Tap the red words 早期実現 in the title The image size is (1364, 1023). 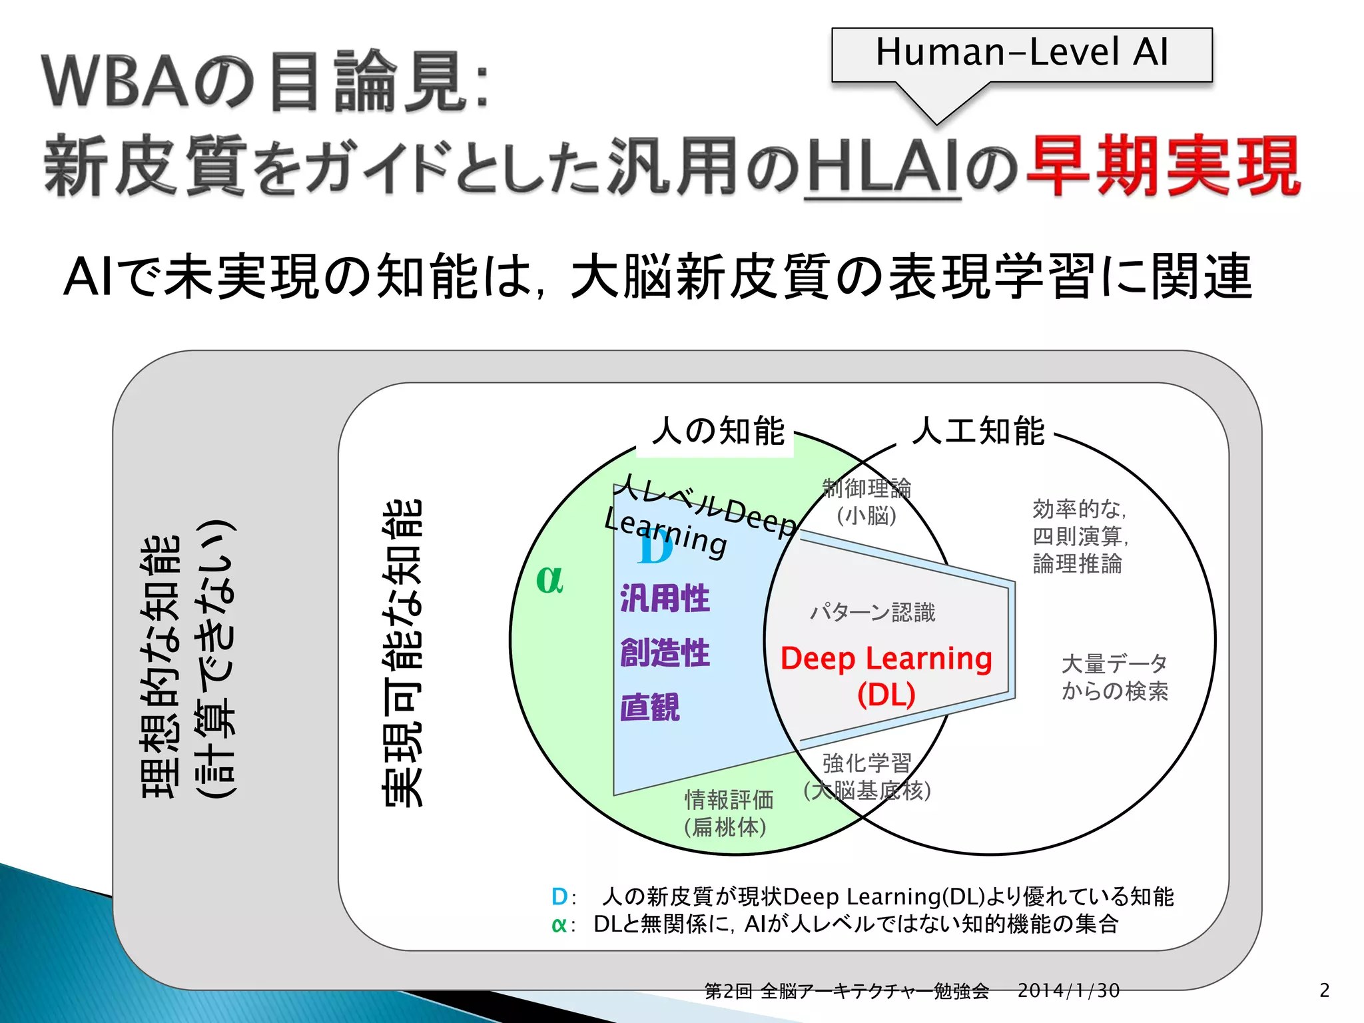point(1162,165)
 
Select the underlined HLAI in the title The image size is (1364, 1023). point(882,167)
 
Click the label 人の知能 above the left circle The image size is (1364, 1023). point(718,431)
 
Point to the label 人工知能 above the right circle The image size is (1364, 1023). point(978,431)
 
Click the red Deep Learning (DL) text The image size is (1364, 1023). point(886,675)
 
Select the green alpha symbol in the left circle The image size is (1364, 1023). point(549,579)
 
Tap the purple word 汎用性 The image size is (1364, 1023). point(665,597)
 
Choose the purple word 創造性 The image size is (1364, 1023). point(665,652)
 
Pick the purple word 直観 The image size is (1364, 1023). point(650,707)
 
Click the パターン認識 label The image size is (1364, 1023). point(872,612)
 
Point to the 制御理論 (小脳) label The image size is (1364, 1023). point(866,502)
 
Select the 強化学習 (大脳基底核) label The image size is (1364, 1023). point(866,777)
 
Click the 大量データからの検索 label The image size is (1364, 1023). point(1114,677)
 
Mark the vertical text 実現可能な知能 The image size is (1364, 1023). point(402,653)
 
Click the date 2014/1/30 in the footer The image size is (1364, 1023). point(1068,990)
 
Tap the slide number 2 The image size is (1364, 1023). point(1324,990)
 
